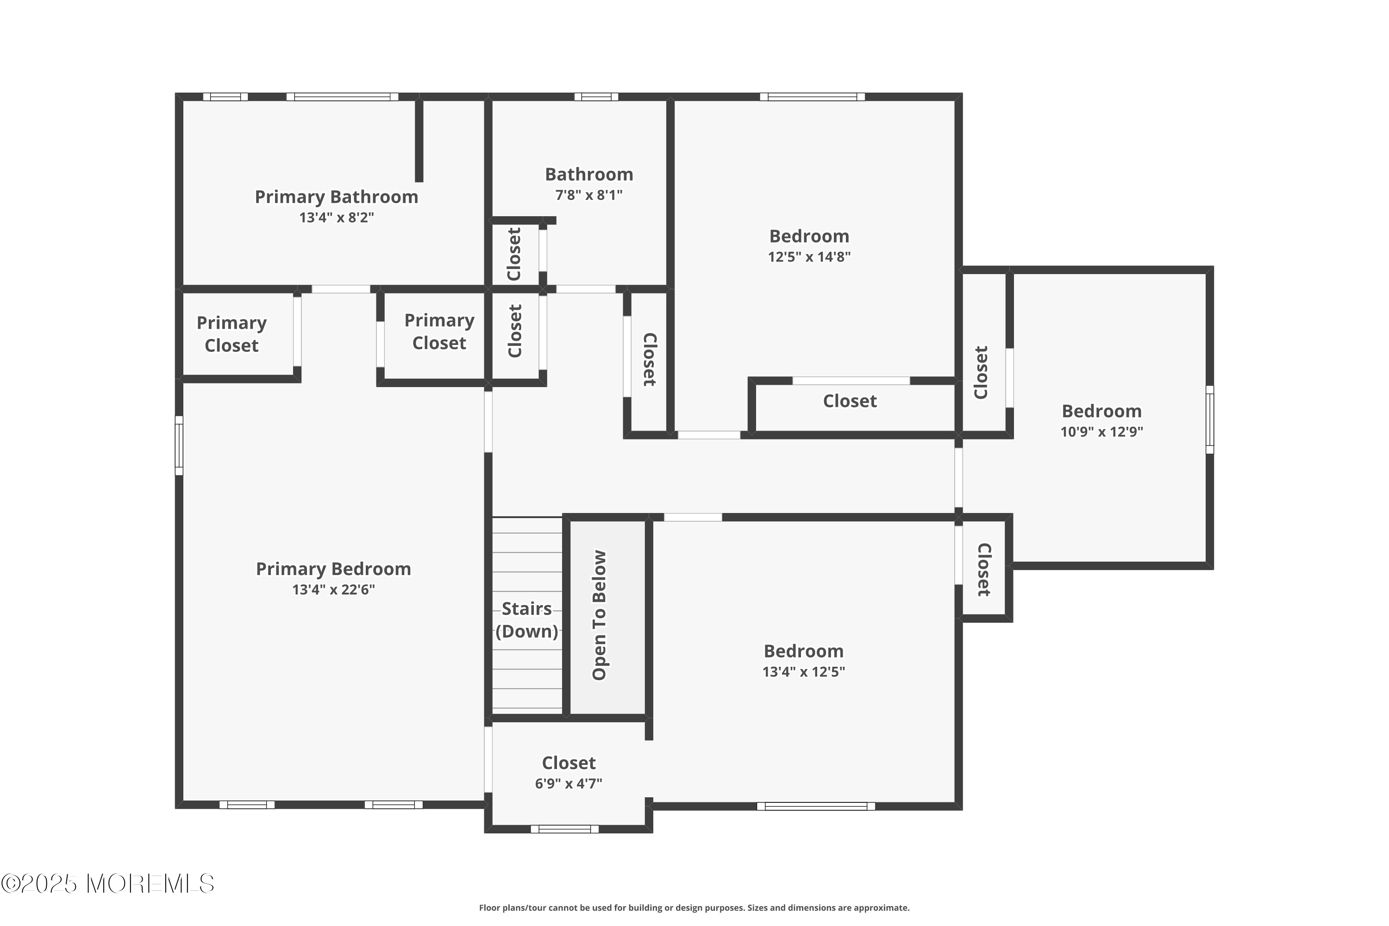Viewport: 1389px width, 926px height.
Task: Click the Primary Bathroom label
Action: (336, 197)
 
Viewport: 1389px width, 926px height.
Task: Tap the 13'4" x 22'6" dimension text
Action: (334, 589)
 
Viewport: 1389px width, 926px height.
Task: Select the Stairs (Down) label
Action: (527, 620)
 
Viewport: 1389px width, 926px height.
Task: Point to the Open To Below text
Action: (600, 615)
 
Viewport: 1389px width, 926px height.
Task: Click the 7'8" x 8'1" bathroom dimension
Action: (589, 195)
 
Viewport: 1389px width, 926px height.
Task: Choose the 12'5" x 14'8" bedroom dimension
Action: (809, 257)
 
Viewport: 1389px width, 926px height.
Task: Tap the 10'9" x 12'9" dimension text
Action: (1101, 432)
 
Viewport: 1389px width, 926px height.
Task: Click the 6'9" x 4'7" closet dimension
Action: (569, 784)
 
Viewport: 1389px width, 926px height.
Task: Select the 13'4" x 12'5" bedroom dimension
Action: (804, 672)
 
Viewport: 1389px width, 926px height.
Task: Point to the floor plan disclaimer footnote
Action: (694, 907)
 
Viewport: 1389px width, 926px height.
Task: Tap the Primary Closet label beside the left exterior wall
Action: (231, 334)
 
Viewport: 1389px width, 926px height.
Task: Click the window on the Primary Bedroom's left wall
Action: (179, 445)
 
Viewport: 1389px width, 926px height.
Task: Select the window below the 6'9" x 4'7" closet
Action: (564, 829)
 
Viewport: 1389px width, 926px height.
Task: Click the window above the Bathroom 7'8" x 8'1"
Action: (596, 97)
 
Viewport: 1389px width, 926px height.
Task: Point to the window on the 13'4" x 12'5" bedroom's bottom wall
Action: (816, 806)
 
